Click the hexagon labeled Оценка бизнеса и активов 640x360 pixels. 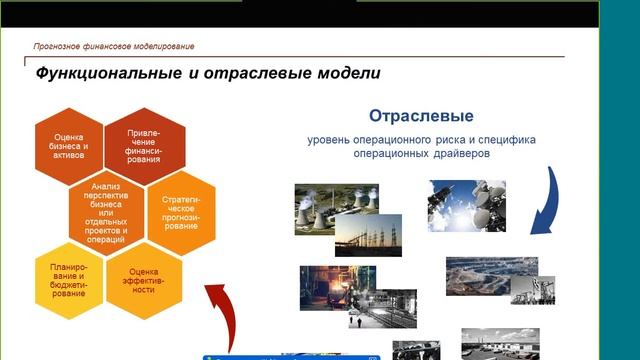[71, 146]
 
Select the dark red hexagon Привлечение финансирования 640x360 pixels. [144, 145]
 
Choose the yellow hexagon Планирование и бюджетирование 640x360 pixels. [71, 279]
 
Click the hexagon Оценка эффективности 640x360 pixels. [144, 279]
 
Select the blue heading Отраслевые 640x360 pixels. [421, 116]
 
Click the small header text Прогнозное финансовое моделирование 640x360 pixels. [114, 46]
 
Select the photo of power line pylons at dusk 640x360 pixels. [368, 236]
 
